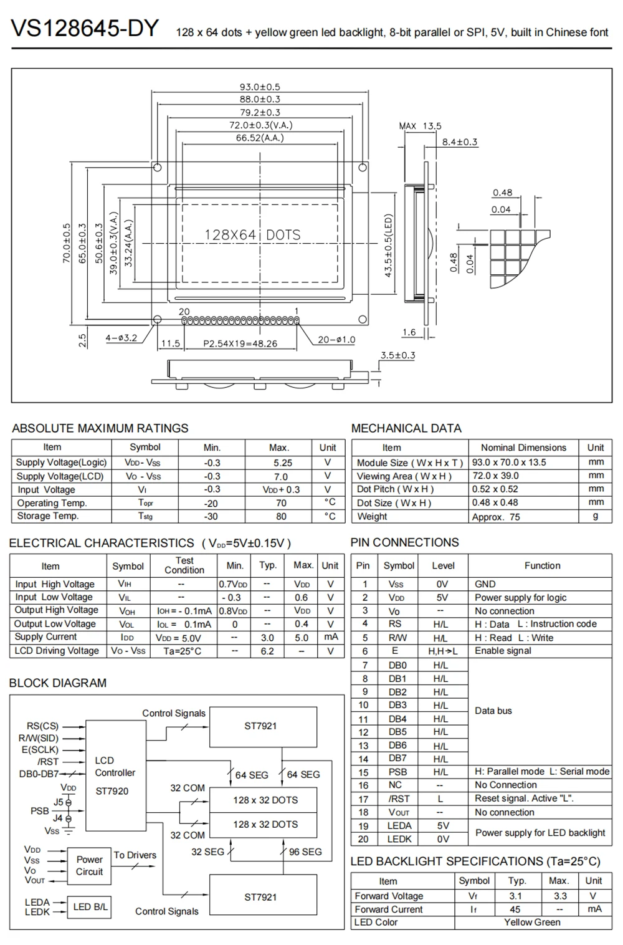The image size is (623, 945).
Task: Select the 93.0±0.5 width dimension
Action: [260, 87]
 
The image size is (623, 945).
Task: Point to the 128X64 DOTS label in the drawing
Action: [252, 235]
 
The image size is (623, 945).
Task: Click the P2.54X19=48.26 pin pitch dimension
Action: [240, 343]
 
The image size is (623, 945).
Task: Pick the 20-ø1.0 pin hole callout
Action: [336, 340]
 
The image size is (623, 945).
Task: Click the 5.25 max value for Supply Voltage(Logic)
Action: [282, 463]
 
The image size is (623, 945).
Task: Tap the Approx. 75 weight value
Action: [496, 517]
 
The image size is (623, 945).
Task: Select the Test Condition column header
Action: [184, 565]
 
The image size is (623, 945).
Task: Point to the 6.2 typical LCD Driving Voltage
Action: [267, 651]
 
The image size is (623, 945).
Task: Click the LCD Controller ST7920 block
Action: [115, 775]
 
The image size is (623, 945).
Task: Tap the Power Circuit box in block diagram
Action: [89, 866]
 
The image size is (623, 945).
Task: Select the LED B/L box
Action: [90, 907]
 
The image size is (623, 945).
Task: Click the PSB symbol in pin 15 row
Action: [397, 772]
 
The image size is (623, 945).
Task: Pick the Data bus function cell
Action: [493, 711]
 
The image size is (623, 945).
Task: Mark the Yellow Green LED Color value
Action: [532, 923]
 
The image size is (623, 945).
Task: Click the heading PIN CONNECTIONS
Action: [404, 542]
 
